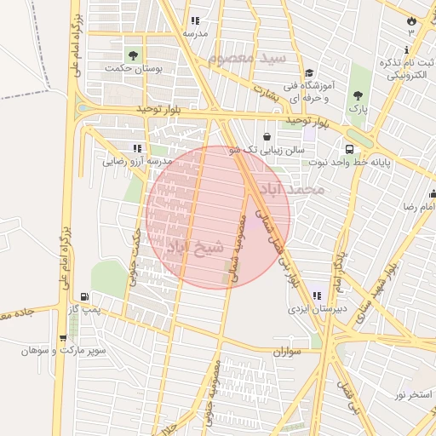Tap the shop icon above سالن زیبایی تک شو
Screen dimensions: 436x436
(267, 136)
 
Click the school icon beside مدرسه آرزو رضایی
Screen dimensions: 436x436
(137, 148)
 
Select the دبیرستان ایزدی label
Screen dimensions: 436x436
(315, 309)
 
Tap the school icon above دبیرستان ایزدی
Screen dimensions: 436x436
(317, 295)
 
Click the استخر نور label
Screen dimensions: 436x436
(413, 394)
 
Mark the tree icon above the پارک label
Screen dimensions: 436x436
(357, 95)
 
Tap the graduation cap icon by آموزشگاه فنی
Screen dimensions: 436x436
(309, 74)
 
